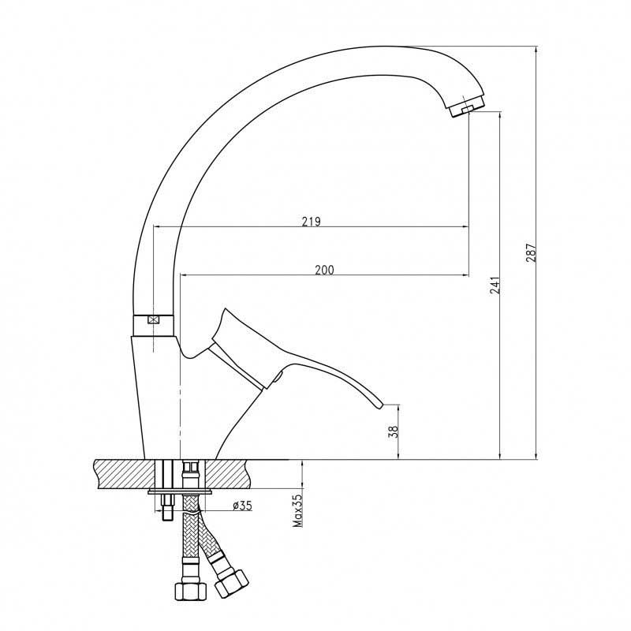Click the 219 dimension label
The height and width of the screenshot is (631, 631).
pos(312,222)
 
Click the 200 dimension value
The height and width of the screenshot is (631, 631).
pos(324,270)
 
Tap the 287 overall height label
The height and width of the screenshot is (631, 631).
pos(531,252)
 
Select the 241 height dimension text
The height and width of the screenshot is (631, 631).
pos(496,285)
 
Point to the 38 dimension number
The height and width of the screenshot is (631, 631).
pos(394,431)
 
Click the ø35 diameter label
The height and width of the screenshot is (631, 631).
pos(242,505)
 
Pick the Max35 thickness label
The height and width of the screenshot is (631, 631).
pos(297,510)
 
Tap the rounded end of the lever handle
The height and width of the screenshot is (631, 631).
pos(379,405)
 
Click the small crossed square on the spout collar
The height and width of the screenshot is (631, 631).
pos(153,320)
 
